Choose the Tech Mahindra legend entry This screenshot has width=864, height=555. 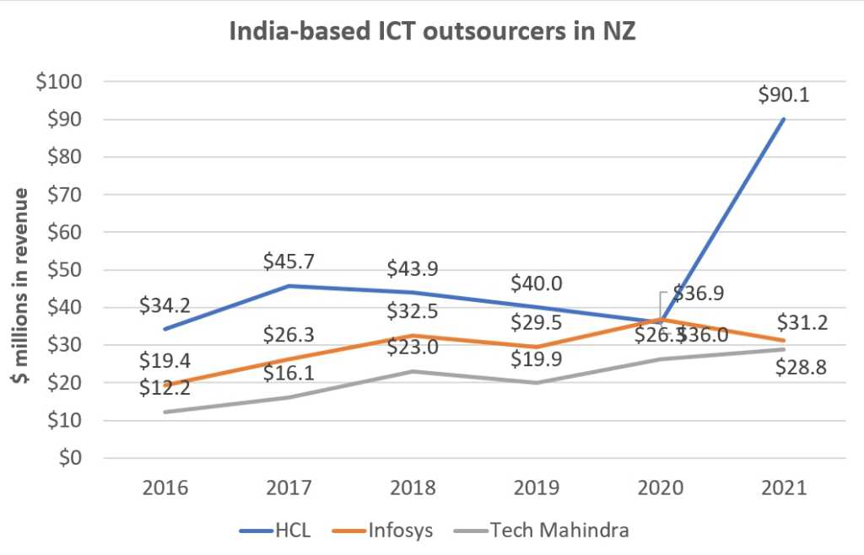tap(540, 530)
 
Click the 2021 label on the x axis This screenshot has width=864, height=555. tap(783, 487)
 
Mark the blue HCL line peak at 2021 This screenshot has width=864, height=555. tap(783, 119)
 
